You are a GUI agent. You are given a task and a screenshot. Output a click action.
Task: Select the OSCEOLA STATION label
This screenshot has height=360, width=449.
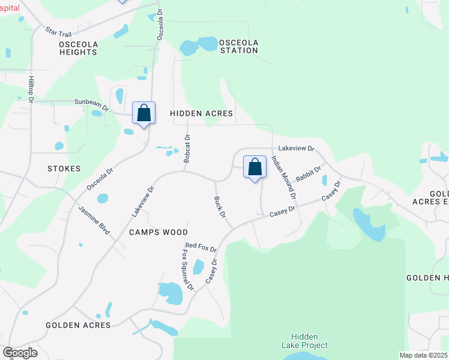[238, 46]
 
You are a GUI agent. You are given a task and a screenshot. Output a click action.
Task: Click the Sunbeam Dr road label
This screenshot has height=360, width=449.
[91, 104]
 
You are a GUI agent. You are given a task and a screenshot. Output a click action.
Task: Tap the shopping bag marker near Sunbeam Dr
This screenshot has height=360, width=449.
[144, 113]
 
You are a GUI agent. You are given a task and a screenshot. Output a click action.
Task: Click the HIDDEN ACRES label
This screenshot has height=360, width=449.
[201, 113]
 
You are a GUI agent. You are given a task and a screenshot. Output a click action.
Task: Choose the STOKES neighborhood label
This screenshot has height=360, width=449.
[64, 169]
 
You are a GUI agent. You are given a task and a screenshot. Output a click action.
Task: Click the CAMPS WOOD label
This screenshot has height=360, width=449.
[158, 232]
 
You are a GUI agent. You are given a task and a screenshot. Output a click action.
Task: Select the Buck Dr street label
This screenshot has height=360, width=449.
[220, 206]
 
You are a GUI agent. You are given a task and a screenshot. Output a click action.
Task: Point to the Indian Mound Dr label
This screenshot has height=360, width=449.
[284, 178]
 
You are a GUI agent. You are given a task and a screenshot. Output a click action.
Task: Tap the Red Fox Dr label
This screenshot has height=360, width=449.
[200, 247]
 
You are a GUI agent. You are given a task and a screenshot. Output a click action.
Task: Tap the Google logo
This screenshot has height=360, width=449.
[20, 353]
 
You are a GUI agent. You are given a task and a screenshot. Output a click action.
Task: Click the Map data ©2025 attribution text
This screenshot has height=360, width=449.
[423, 355]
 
